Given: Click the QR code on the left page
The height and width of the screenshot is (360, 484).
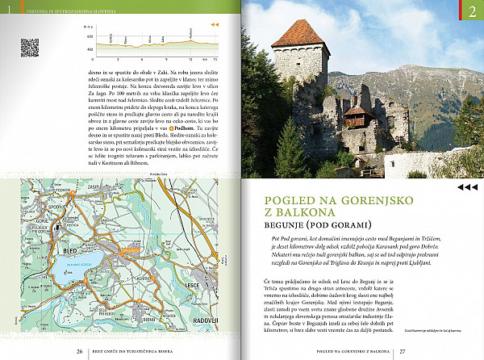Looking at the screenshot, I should tap(29, 48).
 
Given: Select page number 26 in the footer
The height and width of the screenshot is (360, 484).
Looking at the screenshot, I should tap(79, 352).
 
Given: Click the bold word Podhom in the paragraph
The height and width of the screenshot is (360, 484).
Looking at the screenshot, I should tap(183, 128).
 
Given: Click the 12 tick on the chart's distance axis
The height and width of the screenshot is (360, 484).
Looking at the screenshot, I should tap(190, 59).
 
